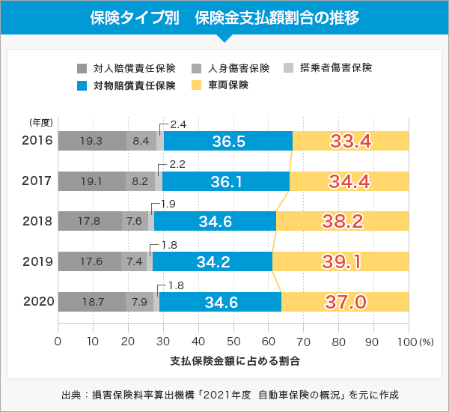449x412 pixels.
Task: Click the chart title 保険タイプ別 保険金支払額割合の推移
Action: click(x=224, y=17)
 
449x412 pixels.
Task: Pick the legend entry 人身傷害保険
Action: click(x=238, y=67)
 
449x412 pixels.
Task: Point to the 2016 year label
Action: click(x=37, y=140)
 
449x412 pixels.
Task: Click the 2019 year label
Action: click(x=37, y=261)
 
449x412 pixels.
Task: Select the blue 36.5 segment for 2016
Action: click(x=228, y=141)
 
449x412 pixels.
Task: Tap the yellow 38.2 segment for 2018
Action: click(x=342, y=221)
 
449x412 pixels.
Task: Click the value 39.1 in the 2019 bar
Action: click(x=341, y=261)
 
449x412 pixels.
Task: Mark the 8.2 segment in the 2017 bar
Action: click(x=140, y=181)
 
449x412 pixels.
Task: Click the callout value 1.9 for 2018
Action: click(x=168, y=205)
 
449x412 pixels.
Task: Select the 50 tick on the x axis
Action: click(x=233, y=341)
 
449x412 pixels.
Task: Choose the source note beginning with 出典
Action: click(x=225, y=395)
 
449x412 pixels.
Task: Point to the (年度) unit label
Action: click(x=40, y=122)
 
